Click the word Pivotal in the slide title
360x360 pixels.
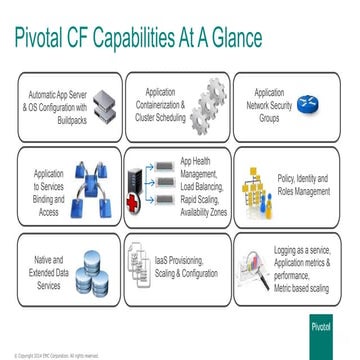(44, 38)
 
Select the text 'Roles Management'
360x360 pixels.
(302, 191)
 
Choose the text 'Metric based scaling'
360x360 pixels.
(302, 288)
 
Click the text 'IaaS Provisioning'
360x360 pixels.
(184, 264)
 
